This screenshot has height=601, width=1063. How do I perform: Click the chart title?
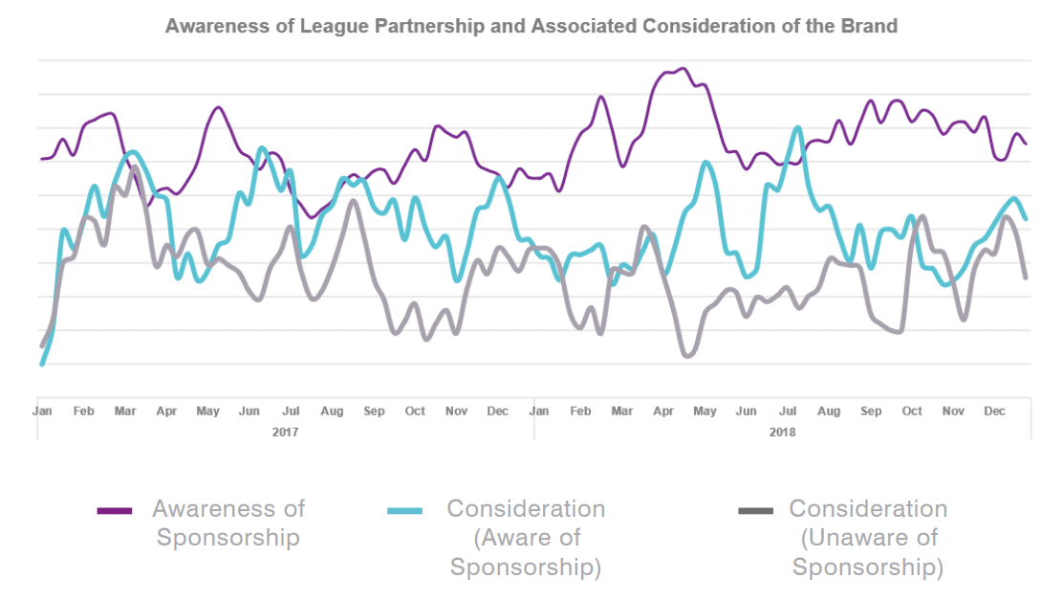point(531,26)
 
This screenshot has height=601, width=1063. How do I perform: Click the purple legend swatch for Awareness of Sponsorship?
point(115,511)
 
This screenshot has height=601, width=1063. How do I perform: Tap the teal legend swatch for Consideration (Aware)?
point(404,511)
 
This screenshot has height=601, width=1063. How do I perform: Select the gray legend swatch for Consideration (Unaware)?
point(755,511)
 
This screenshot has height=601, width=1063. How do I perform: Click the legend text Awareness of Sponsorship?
point(228,523)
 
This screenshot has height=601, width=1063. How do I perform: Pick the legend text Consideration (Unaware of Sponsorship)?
point(868,538)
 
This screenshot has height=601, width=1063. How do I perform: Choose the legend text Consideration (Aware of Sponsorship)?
point(526,538)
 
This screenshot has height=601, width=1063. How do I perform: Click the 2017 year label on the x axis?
point(285,433)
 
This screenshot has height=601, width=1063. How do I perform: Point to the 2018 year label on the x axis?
point(783,433)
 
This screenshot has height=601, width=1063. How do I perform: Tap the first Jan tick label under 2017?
point(42,412)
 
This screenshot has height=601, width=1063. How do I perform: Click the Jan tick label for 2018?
point(539,412)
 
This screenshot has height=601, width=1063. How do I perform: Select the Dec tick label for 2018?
point(995,412)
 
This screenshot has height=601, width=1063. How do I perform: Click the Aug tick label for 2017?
point(332,412)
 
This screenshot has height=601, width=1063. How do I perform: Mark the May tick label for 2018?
point(705,412)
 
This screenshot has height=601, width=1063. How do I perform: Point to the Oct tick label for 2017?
point(415,412)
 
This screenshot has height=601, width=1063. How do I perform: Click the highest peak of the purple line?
point(682,69)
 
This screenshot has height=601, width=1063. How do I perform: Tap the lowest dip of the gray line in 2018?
point(687,356)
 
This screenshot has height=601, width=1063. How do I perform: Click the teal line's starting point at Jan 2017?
point(42,364)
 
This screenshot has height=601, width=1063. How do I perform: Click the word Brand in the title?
point(874,26)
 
